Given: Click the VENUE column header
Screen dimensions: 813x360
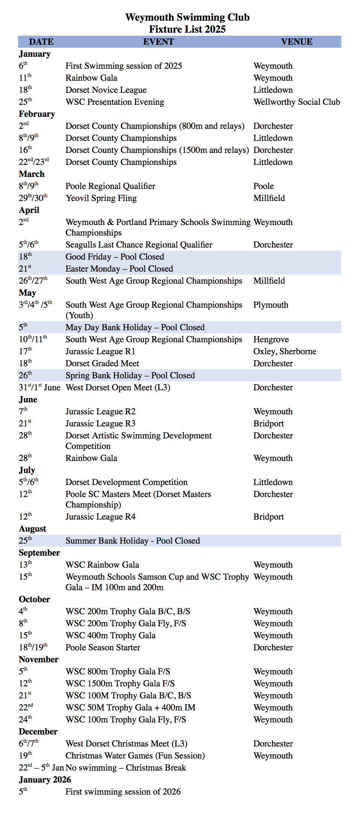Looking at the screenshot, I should coord(296,42).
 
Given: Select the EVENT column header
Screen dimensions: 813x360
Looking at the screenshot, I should coord(158,42).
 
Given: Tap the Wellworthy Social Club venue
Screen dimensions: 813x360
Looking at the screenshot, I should coord(296,102).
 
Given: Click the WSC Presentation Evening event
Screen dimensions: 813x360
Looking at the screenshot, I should coord(115,102).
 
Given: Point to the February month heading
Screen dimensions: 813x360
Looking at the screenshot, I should coord(37,114).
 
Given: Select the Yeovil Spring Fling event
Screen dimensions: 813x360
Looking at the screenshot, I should coord(101,198).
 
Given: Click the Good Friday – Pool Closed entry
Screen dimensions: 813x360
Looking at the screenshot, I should coord(115,257).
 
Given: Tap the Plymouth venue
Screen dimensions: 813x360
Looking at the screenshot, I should coord(271,305).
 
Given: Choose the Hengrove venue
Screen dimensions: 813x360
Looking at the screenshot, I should coord(271,339).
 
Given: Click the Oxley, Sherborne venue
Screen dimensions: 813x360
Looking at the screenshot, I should coord(284,351).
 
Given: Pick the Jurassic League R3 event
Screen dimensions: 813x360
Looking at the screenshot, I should coord(100,423).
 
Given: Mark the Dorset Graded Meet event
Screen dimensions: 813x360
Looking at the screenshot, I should coord(102,363).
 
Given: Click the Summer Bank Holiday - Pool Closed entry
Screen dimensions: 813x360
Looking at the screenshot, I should coord(133,541).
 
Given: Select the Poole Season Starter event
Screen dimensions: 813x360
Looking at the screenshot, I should coord(103,647).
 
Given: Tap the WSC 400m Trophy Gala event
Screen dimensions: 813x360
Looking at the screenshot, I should coord(110,635).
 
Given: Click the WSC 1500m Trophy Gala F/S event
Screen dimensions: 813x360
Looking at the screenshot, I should coord(120,683).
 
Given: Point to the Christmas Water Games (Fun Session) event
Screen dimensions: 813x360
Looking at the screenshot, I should coord(135,756).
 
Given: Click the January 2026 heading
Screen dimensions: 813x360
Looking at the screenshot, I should coord(45,780).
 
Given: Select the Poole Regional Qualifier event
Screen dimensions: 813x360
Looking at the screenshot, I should coord(110,186).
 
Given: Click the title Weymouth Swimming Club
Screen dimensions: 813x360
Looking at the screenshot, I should coord(187,17).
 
